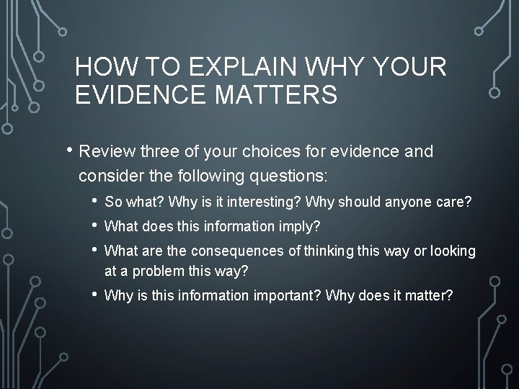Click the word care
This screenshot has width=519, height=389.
point(455,204)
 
